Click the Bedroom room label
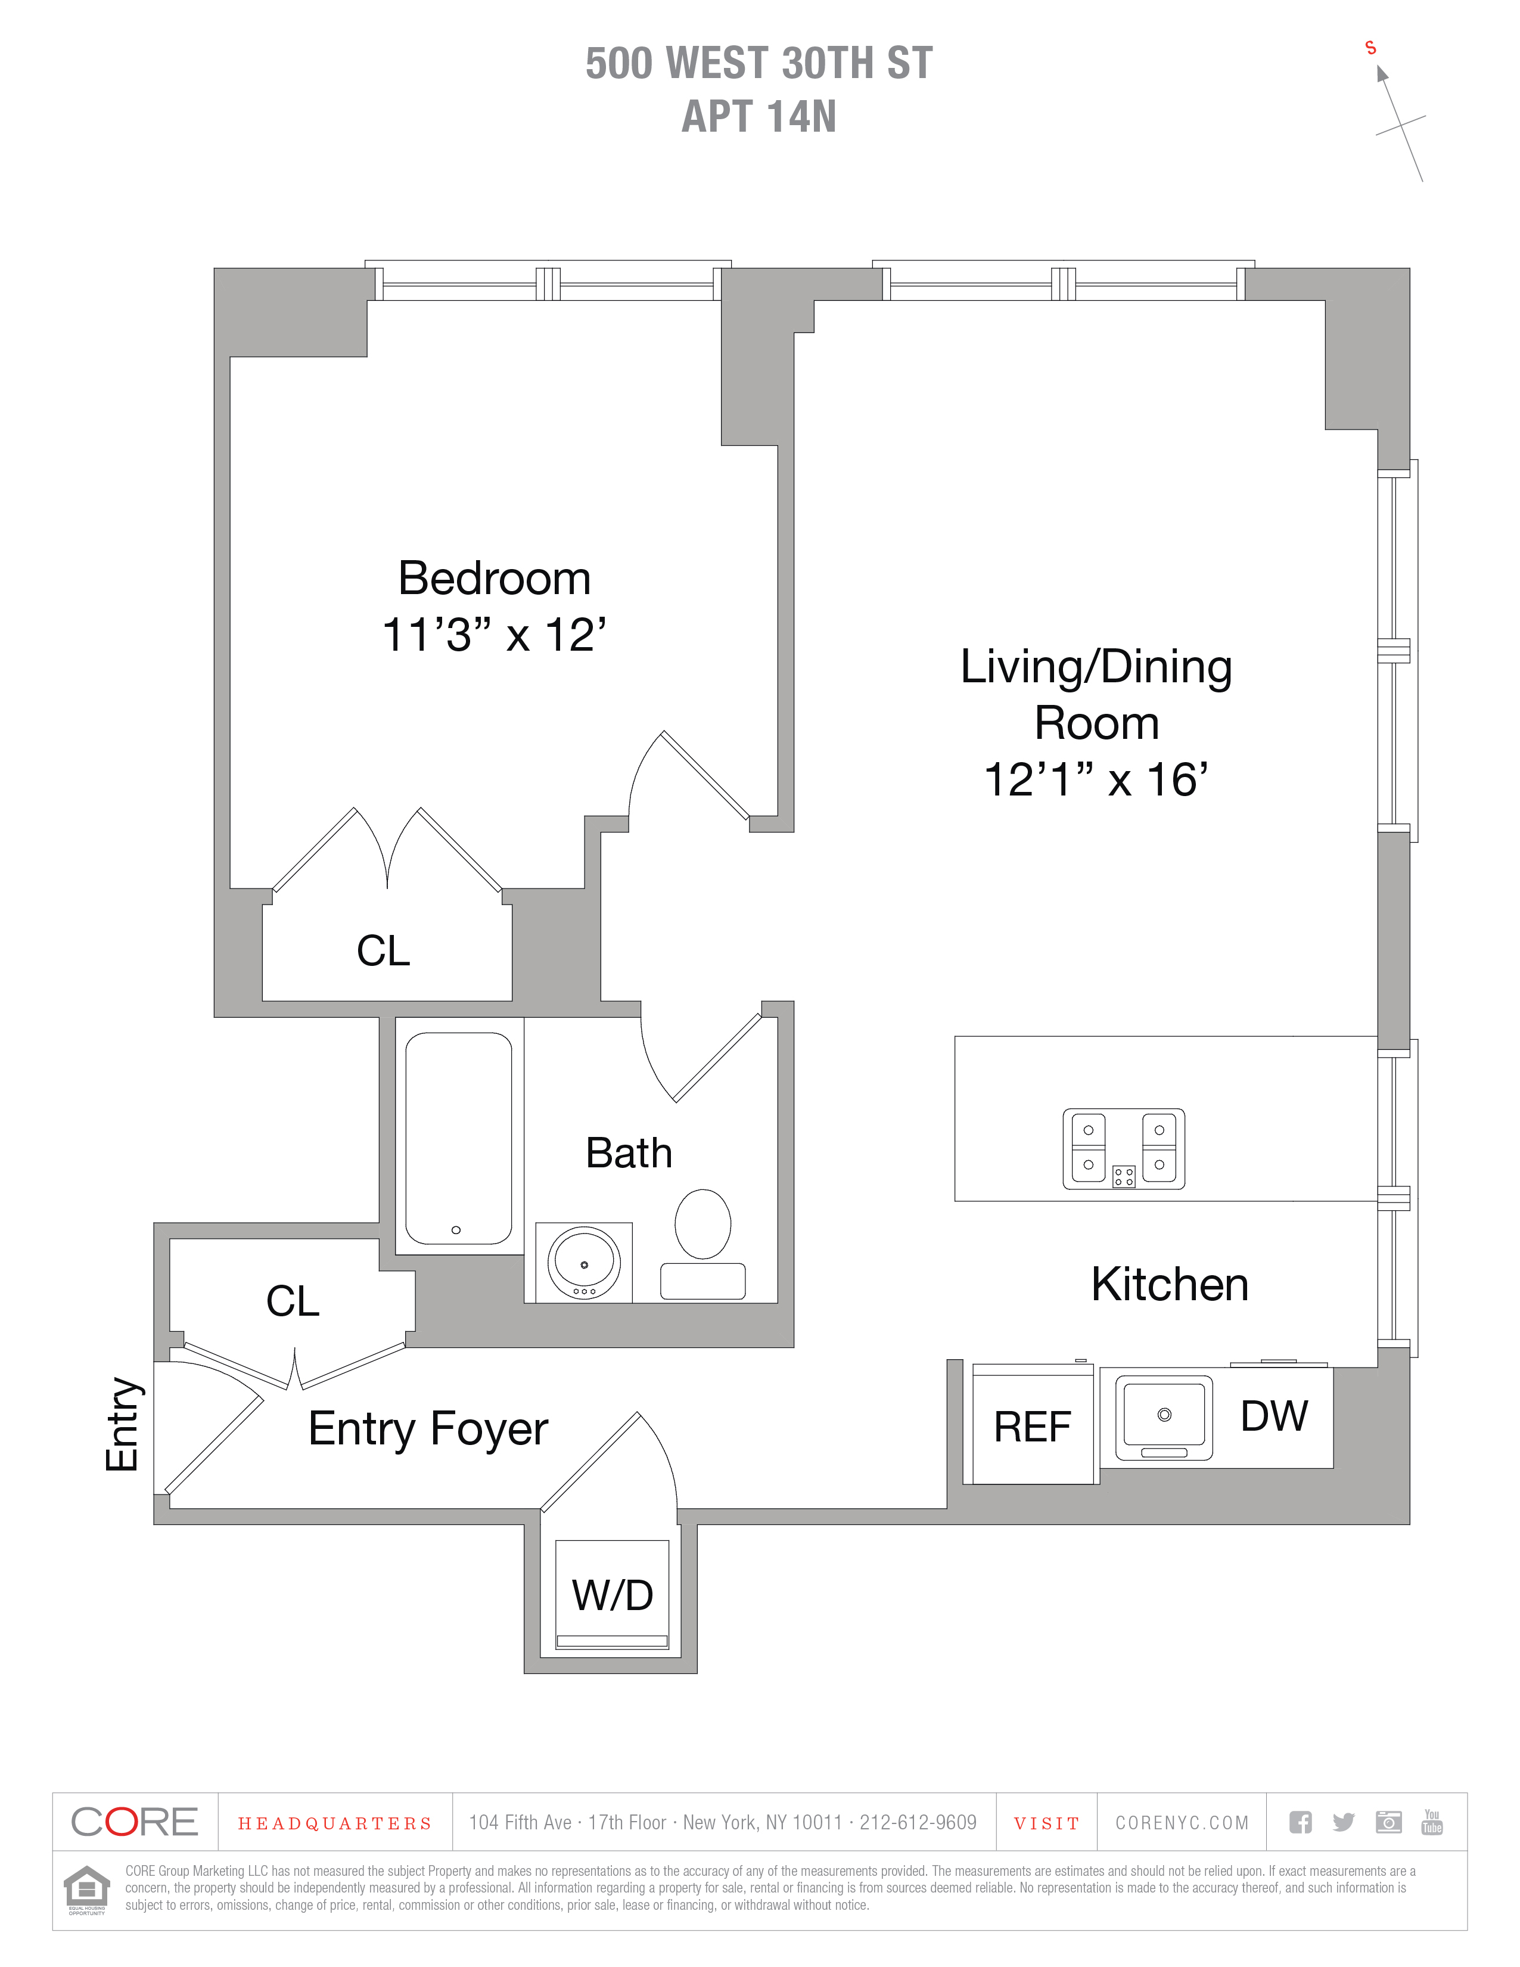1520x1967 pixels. click(495, 578)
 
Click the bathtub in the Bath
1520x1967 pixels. click(459, 1138)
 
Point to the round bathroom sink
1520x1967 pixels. click(585, 1262)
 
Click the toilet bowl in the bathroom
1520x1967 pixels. click(703, 1223)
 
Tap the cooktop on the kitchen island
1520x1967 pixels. click(1124, 1148)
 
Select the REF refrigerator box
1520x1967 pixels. click(1032, 1426)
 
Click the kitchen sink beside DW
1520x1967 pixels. click(1164, 1418)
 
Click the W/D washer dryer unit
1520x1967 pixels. click(613, 1595)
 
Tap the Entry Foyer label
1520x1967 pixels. click(428, 1430)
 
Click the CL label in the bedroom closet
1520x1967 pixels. click(384, 950)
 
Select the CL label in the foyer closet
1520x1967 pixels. click(293, 1301)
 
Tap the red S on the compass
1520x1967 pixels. click(1370, 48)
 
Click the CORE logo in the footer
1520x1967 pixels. click(134, 1822)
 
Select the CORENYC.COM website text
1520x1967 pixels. click(1182, 1823)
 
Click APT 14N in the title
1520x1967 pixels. click(759, 116)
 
